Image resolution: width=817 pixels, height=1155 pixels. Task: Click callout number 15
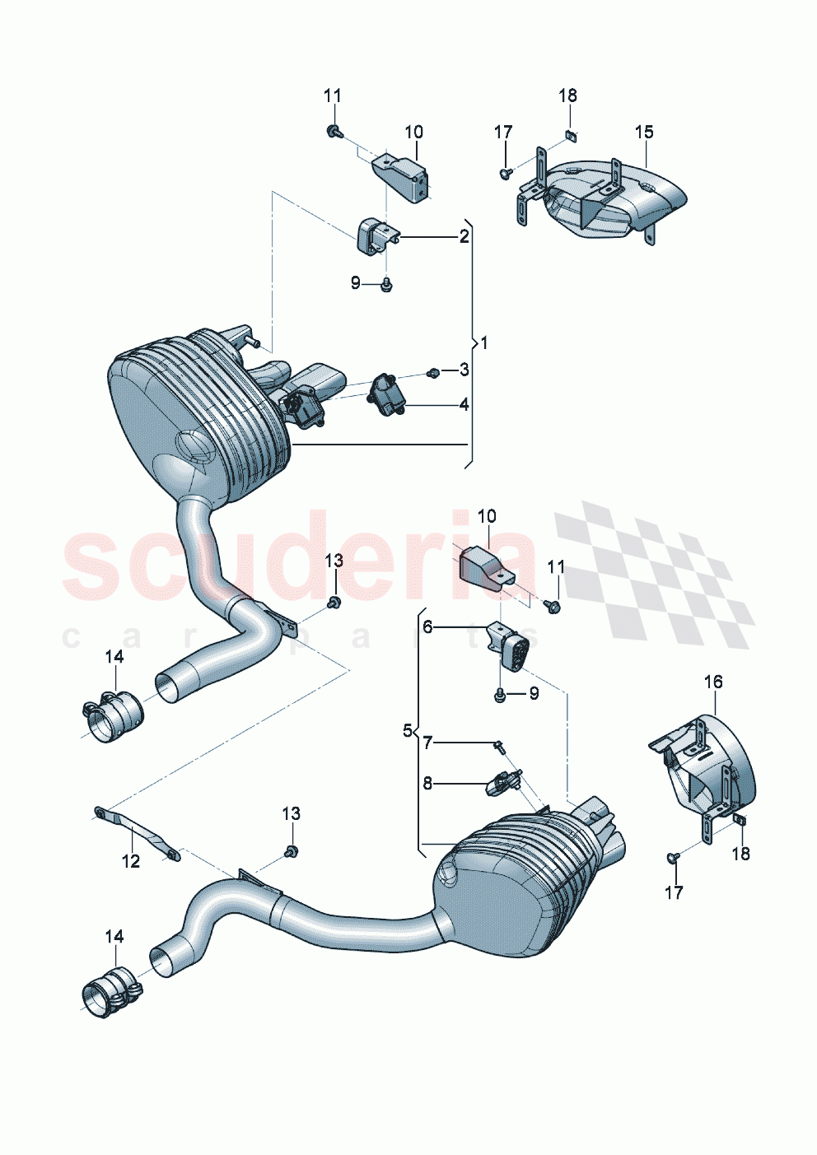click(643, 132)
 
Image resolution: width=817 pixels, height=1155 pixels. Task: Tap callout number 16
click(712, 682)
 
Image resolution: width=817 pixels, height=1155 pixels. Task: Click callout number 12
click(131, 861)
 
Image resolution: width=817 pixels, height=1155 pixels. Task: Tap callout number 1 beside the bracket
click(484, 342)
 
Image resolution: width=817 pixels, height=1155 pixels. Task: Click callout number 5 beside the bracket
click(407, 730)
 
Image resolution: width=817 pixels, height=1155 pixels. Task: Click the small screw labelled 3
click(432, 374)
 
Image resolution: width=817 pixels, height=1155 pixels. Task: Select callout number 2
click(464, 237)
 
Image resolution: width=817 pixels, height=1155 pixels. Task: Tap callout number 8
click(427, 783)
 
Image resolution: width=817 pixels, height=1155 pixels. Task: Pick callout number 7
click(427, 743)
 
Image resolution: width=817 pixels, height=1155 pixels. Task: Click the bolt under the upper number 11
click(333, 130)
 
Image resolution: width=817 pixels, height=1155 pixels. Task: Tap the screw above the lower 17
click(673, 859)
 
